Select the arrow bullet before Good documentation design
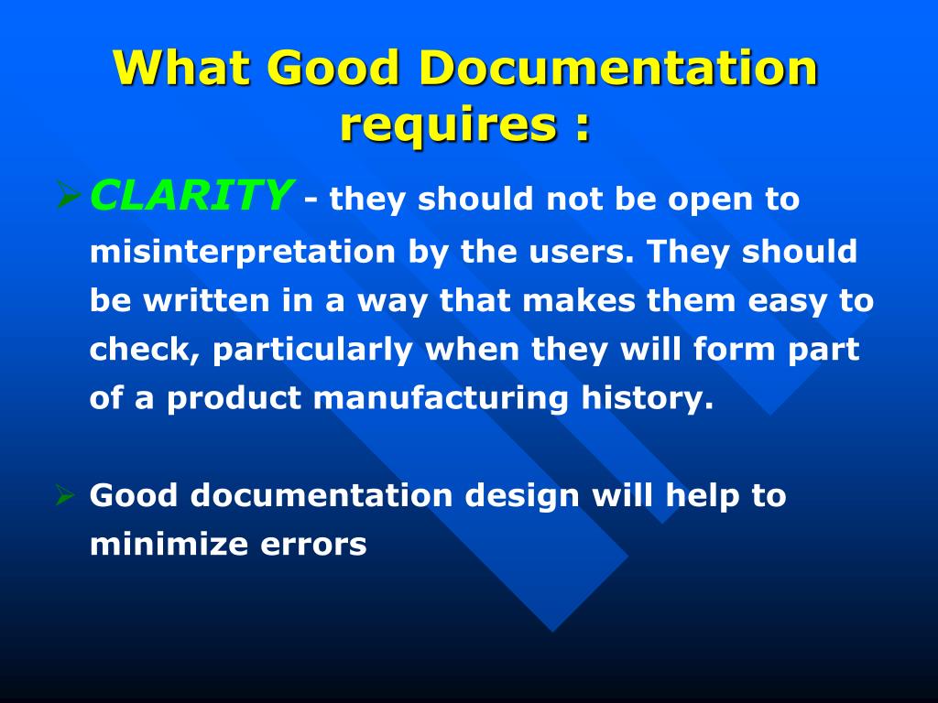[64, 496]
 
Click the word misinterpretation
[244, 252]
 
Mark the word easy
[778, 301]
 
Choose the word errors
[313, 546]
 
